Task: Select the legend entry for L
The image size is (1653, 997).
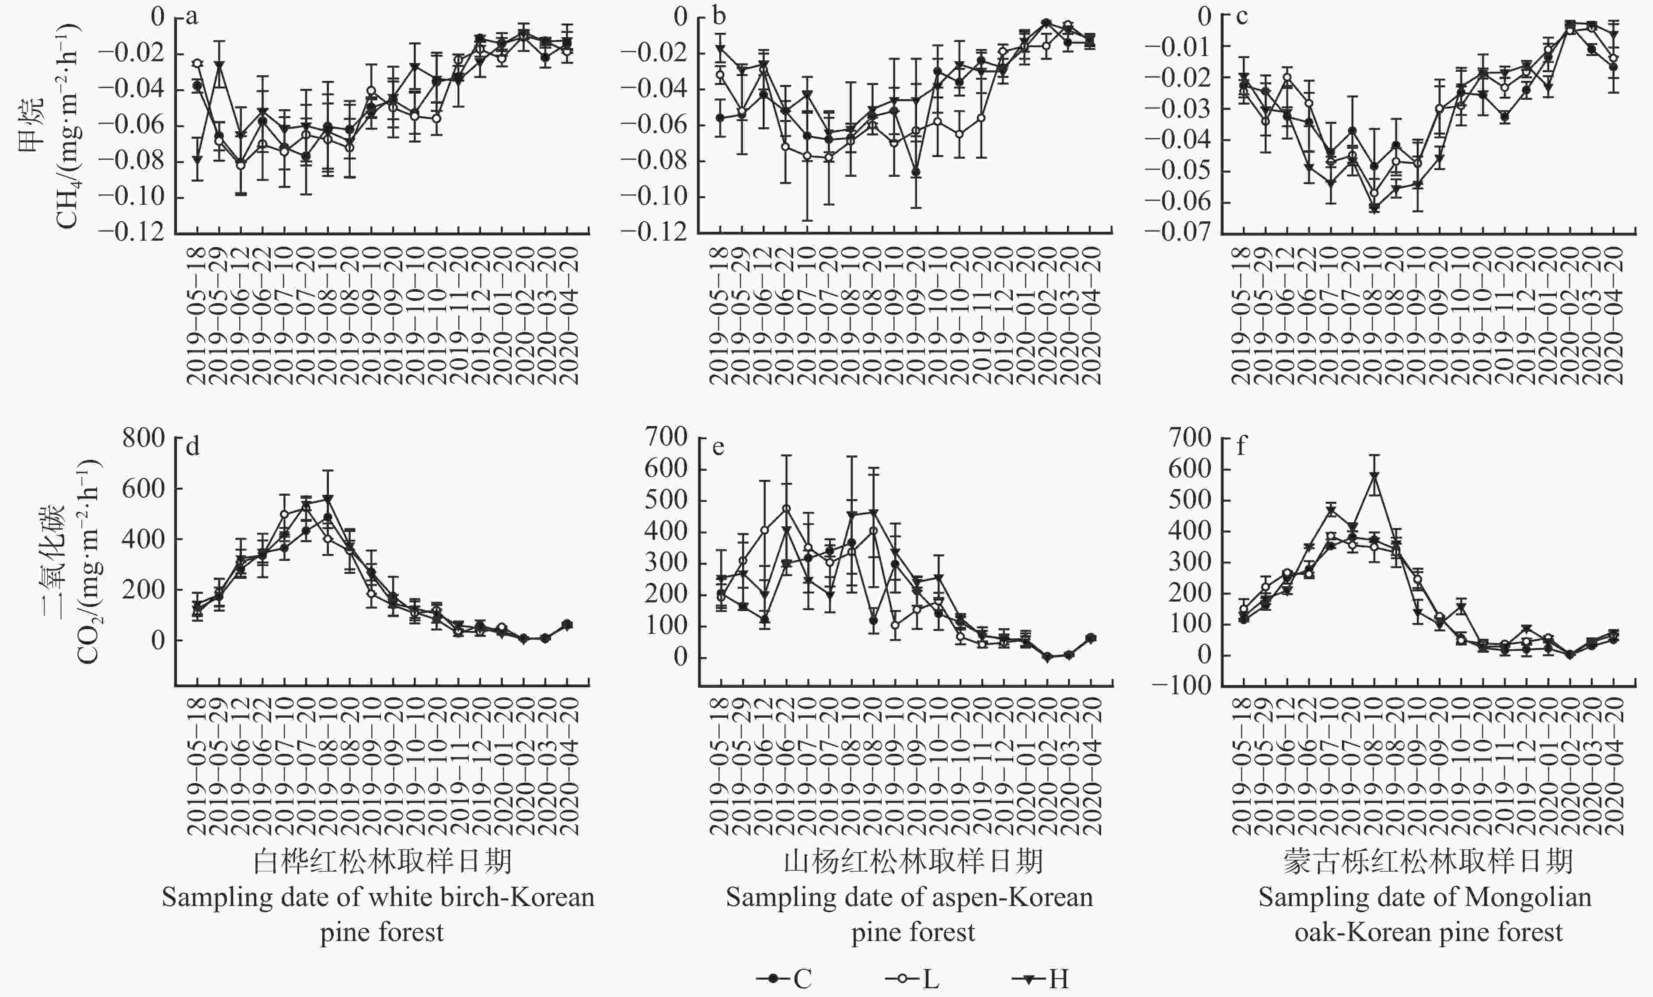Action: coord(912,979)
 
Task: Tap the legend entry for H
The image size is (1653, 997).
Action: coord(1040,979)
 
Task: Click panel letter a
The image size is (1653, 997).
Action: coord(192,17)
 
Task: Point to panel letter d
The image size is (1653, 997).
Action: coord(192,447)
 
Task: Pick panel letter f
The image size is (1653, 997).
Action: coord(1241,447)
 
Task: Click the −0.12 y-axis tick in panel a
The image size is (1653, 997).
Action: coord(132,232)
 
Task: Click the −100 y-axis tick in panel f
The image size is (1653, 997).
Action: coord(1182,686)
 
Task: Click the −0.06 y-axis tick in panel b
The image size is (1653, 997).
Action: coord(655,126)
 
